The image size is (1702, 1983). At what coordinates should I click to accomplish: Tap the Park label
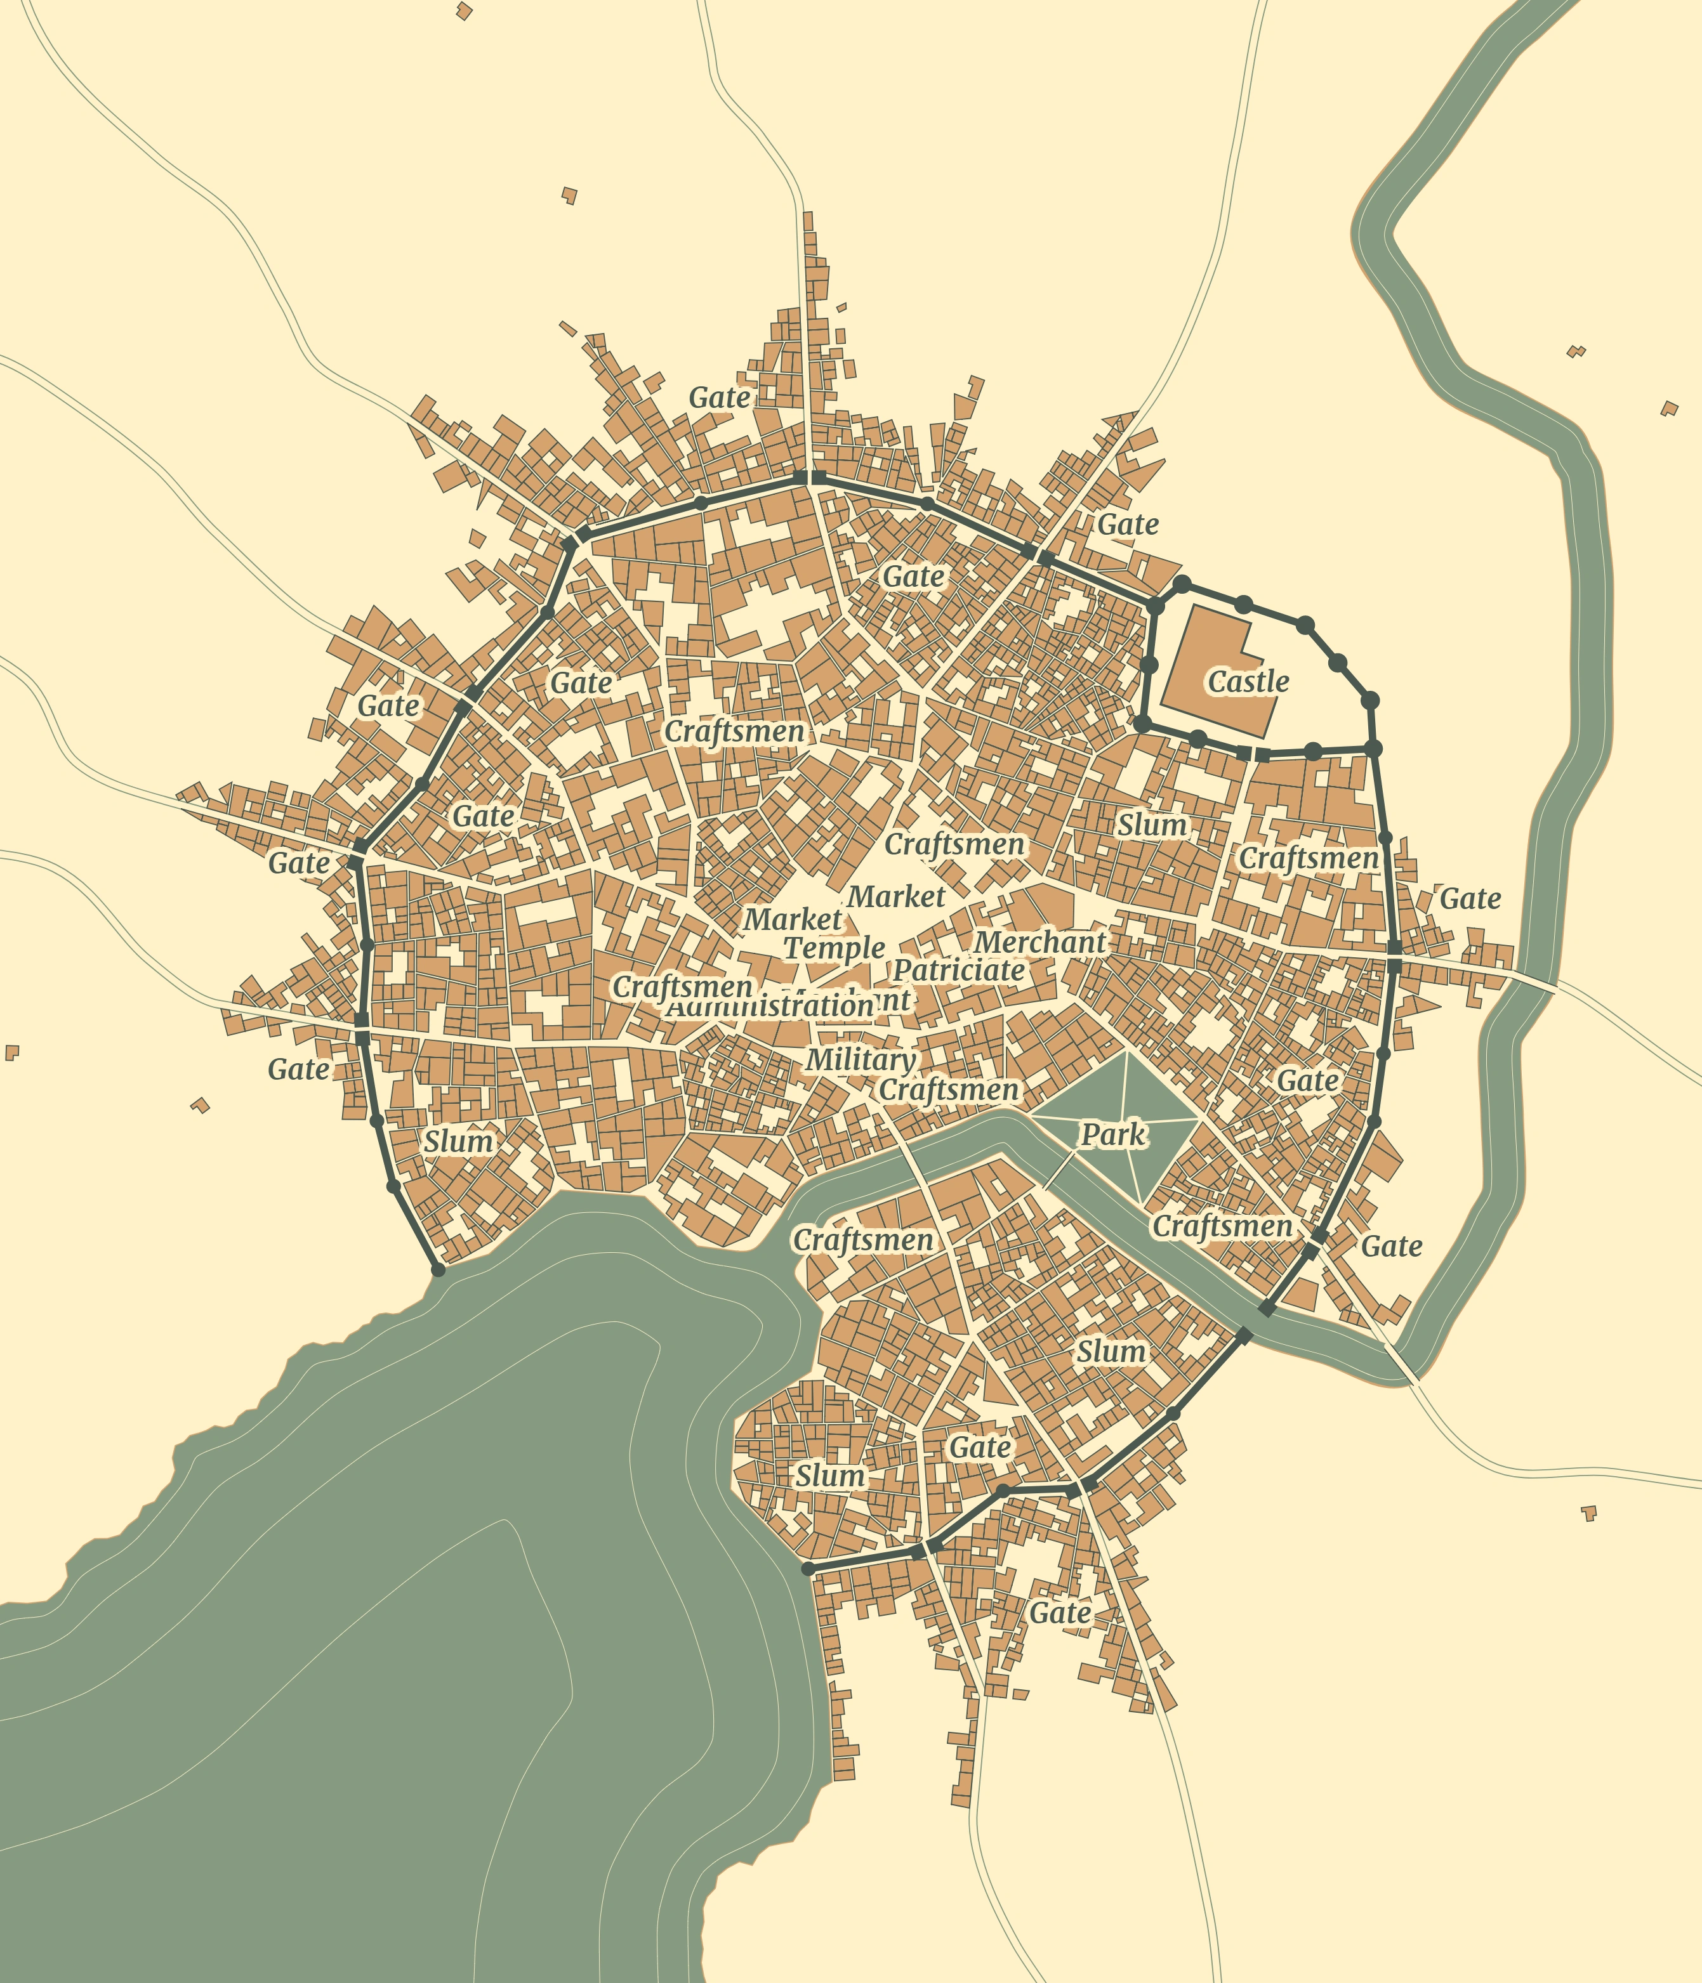click(x=1112, y=1135)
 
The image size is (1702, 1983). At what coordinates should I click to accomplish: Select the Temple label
click(x=835, y=948)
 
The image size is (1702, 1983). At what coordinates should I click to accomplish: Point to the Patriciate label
click(x=958, y=971)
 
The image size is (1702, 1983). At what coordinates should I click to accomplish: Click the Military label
click(x=860, y=1059)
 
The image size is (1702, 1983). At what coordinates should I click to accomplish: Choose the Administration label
click(x=769, y=1007)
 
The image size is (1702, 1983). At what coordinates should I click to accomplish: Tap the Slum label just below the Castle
click(x=1152, y=825)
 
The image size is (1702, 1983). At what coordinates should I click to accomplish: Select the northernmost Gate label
click(x=719, y=397)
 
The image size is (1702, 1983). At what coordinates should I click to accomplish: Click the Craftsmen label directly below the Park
click(x=1222, y=1226)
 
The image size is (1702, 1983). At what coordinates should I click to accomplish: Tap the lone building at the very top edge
click(x=465, y=11)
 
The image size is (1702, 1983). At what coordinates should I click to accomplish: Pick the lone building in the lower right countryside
click(x=1589, y=1513)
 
